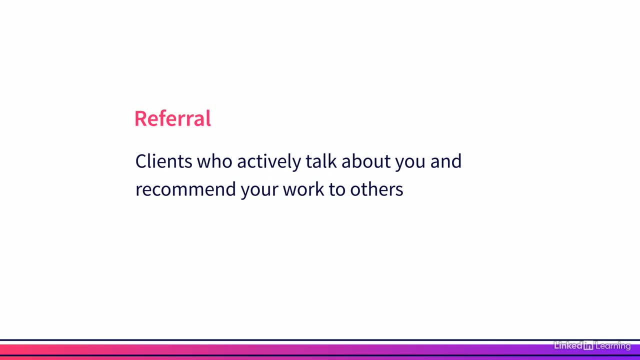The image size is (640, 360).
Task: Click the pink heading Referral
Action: point(172,118)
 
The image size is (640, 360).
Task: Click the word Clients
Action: point(163,161)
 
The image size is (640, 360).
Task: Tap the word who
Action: point(214,161)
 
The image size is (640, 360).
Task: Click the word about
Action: point(366,161)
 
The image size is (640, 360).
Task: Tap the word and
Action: point(446,161)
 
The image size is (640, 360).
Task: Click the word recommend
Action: point(185,189)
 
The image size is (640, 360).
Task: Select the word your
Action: point(259,191)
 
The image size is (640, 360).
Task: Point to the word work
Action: point(303,189)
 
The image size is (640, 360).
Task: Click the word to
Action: point(337,189)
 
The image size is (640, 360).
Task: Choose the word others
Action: point(376,189)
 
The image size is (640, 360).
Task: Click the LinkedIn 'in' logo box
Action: point(588,345)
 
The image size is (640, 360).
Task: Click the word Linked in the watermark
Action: point(568,345)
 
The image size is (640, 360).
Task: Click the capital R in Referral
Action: point(140,118)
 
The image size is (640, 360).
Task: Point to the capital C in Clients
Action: point(140,161)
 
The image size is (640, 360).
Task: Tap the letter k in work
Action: point(320,189)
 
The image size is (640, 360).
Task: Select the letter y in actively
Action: point(297,163)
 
